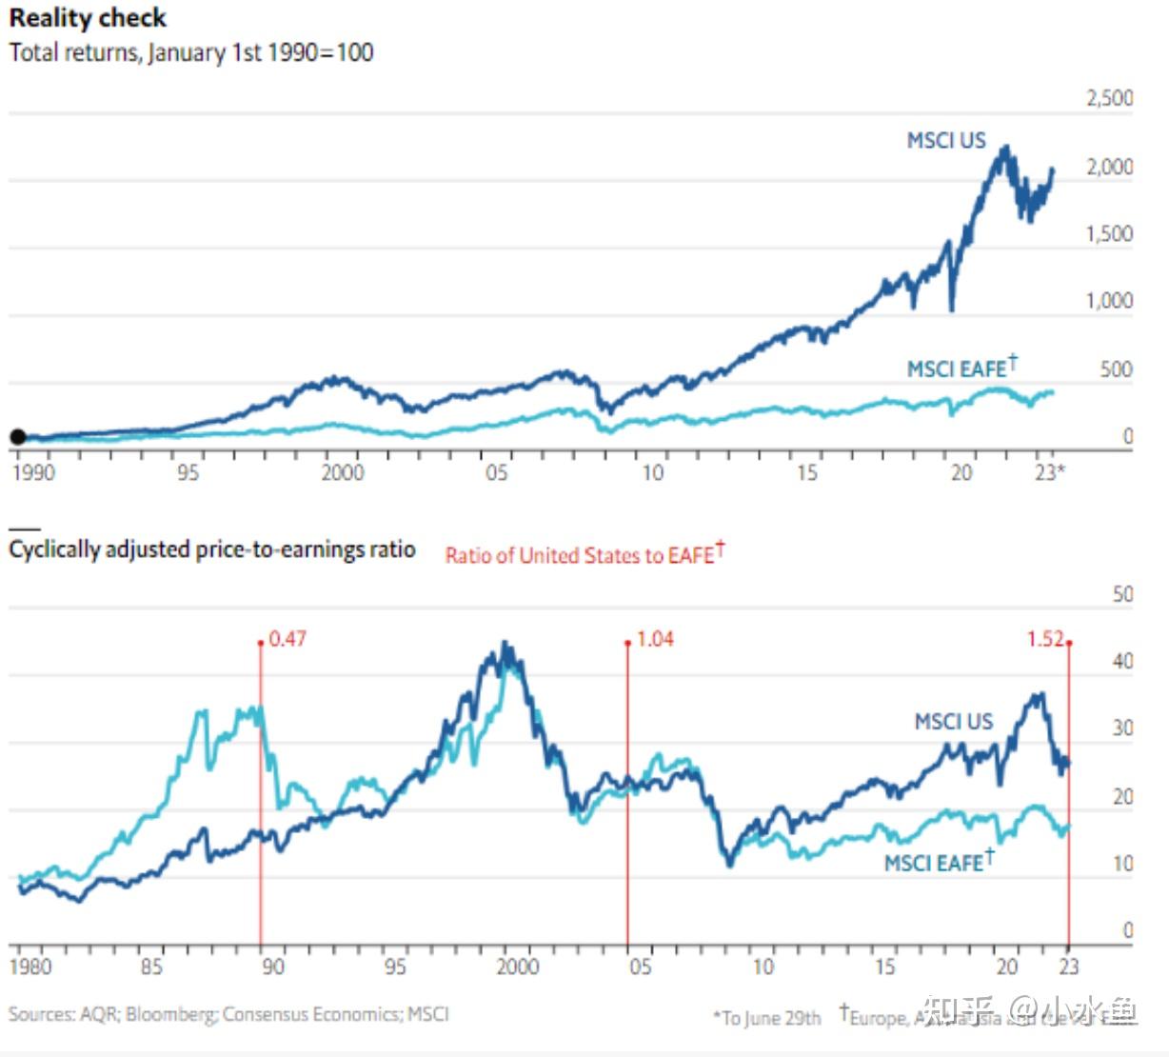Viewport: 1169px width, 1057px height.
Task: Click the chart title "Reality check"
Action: pyautogui.click(x=88, y=18)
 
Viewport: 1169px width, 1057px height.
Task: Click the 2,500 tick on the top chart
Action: pyautogui.click(x=1110, y=98)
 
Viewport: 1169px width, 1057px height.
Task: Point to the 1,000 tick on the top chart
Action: pyautogui.click(x=1110, y=301)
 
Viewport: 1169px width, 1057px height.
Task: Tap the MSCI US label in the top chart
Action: pyautogui.click(x=946, y=141)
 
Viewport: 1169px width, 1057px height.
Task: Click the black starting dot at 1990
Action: pyautogui.click(x=17, y=437)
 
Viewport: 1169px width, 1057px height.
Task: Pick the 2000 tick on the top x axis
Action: pyautogui.click(x=342, y=472)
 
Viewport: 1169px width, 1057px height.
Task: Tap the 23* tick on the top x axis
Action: pyautogui.click(x=1050, y=472)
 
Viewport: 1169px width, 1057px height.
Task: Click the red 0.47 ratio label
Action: pyautogui.click(x=287, y=639)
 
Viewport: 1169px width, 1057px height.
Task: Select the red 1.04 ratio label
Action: pyautogui.click(x=655, y=639)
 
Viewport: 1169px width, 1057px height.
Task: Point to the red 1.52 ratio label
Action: pyautogui.click(x=1045, y=639)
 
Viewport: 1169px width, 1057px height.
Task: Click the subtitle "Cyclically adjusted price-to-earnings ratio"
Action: pyautogui.click(x=212, y=549)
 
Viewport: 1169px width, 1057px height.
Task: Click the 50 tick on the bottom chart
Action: pyautogui.click(x=1123, y=594)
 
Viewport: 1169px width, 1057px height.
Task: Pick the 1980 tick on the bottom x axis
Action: pyautogui.click(x=30, y=967)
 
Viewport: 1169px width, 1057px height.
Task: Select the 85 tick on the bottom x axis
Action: pyautogui.click(x=151, y=967)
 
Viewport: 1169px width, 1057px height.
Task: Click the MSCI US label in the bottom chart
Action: pyautogui.click(x=953, y=722)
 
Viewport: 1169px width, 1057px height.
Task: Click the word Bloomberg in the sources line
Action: pyautogui.click(x=169, y=1014)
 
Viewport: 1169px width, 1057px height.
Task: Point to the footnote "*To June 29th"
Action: pyautogui.click(x=767, y=1018)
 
